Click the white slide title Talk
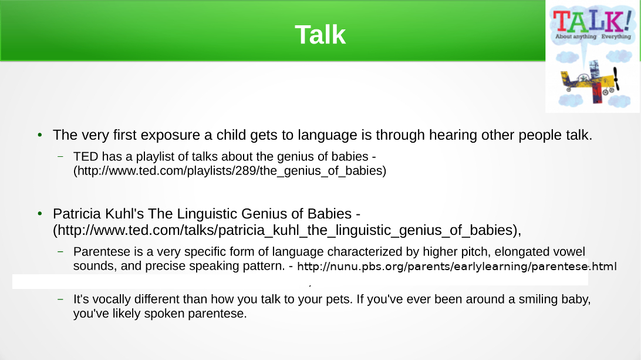[320, 35]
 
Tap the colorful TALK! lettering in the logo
[592, 21]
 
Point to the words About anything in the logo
[576, 36]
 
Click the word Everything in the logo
[616, 36]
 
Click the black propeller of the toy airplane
[616, 78]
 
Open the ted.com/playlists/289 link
[230, 170]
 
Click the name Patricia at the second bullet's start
[77, 214]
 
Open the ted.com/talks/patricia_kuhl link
[287, 230]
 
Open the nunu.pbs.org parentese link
[457, 267]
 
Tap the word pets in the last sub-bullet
[339, 300]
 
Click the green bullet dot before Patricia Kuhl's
[40, 214]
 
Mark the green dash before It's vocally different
[60, 299]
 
